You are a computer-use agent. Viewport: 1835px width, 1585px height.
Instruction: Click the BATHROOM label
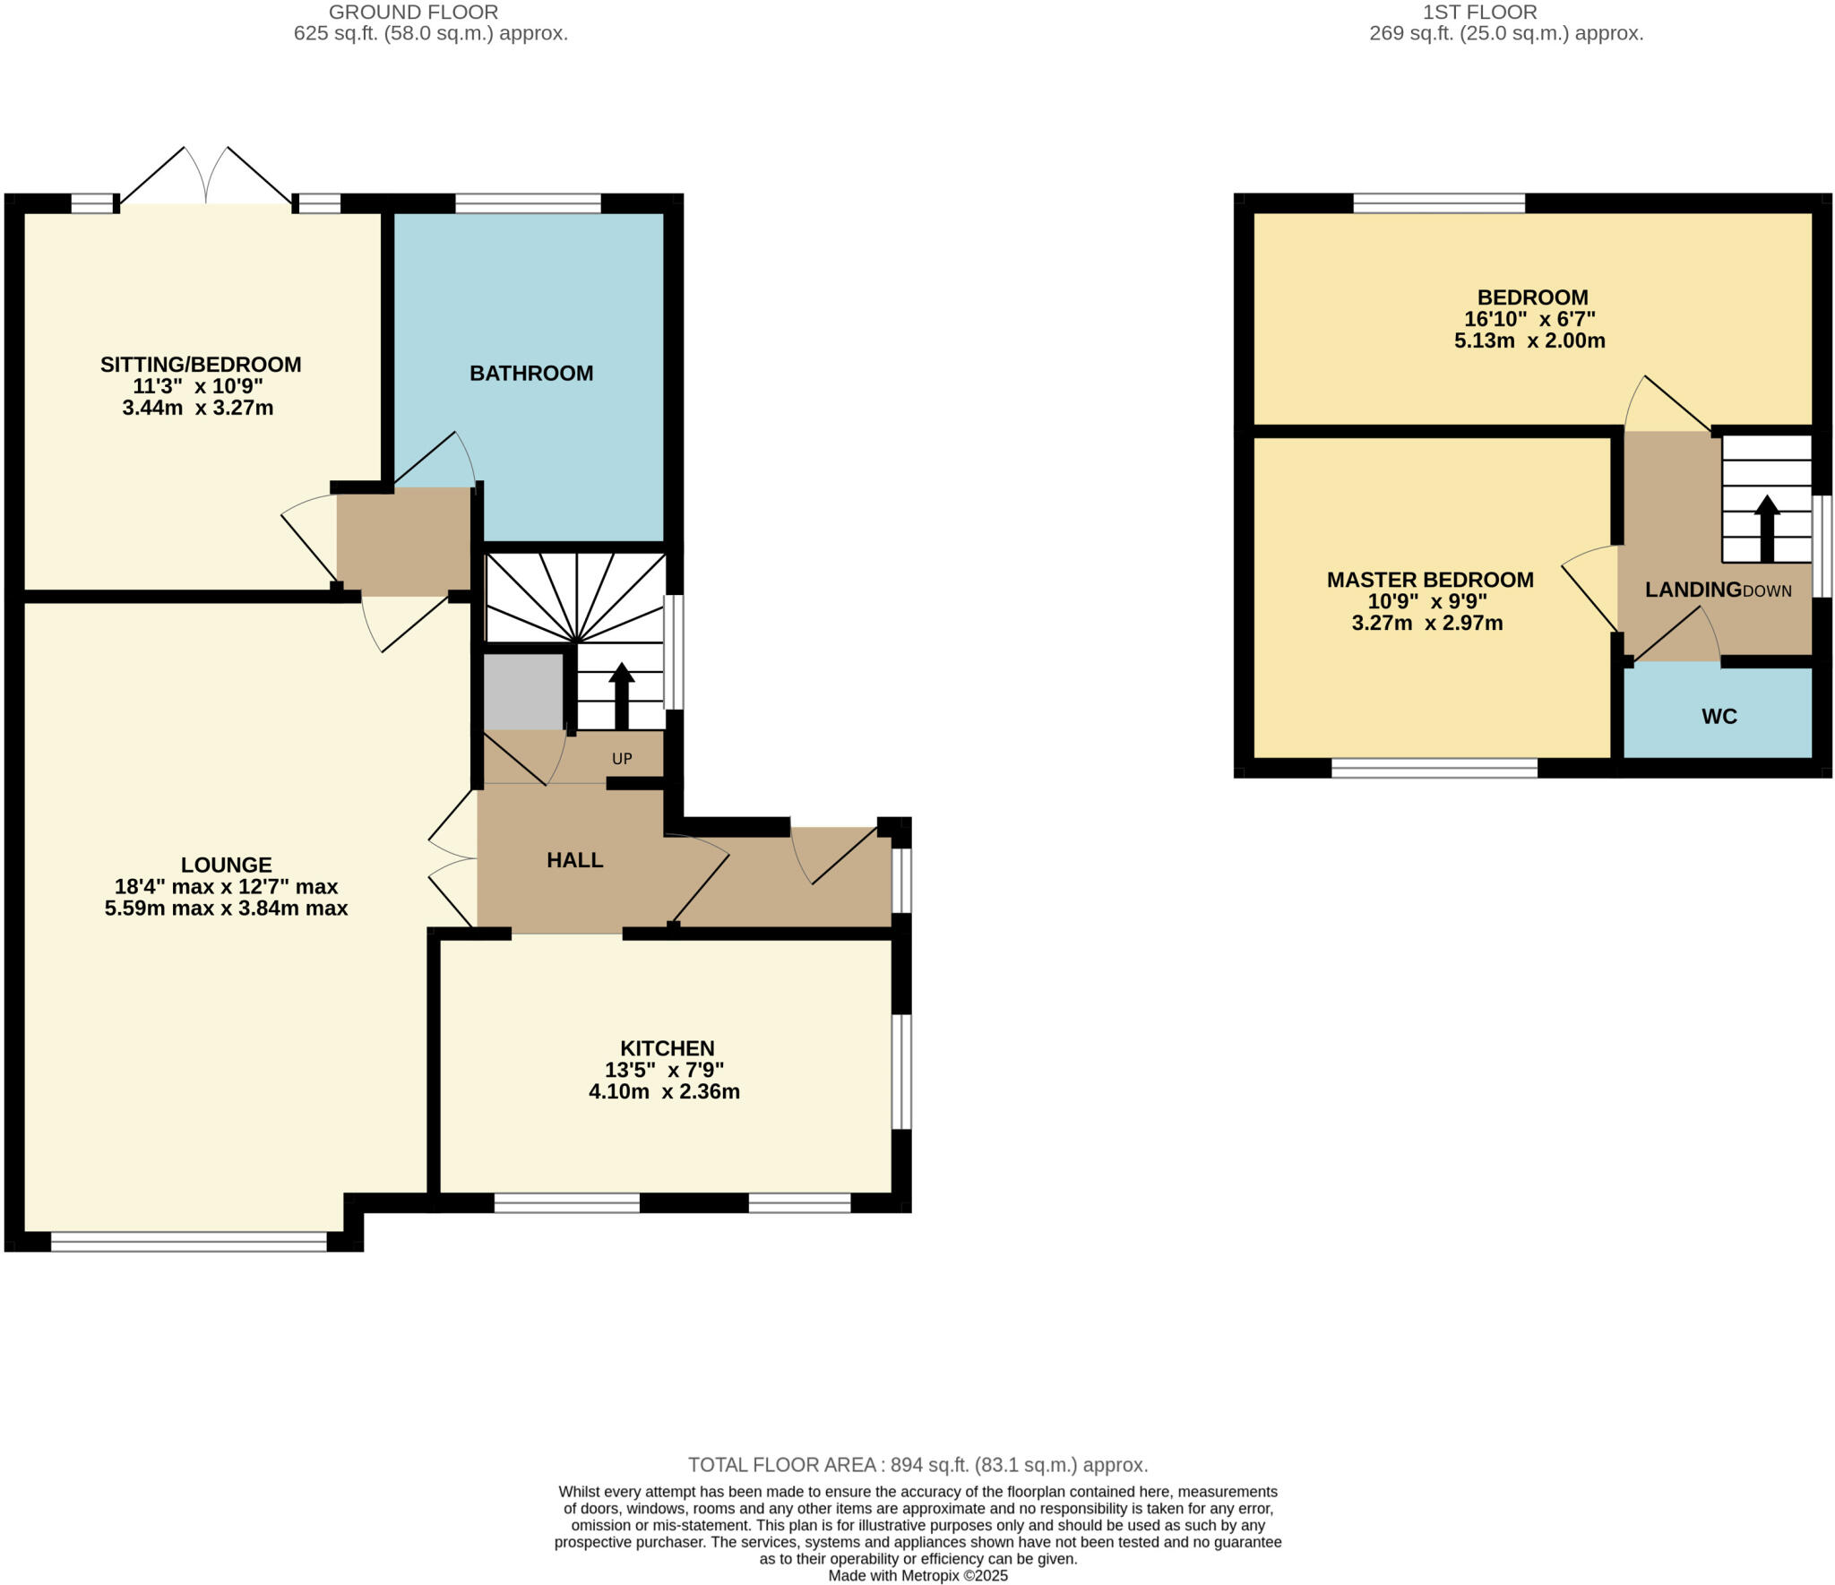(x=531, y=374)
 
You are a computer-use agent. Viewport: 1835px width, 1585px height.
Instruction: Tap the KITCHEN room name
(x=667, y=1048)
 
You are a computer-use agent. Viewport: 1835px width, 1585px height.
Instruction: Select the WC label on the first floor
(x=1719, y=717)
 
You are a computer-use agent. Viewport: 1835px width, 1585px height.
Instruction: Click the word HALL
(x=574, y=860)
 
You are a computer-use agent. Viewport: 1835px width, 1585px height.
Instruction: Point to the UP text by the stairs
(x=622, y=759)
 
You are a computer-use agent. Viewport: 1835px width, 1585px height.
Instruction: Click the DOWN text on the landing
(x=1767, y=591)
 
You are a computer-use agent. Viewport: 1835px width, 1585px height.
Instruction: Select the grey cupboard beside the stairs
(x=523, y=691)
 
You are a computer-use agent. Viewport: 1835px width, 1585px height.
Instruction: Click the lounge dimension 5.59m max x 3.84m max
(x=226, y=909)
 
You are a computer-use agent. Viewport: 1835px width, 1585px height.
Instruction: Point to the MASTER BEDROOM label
(x=1429, y=580)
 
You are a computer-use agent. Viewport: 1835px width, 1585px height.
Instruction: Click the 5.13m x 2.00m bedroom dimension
(x=1529, y=340)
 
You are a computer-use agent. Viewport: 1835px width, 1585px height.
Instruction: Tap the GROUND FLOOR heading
(x=413, y=13)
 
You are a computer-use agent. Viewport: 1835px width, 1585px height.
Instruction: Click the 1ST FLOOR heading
(x=1479, y=13)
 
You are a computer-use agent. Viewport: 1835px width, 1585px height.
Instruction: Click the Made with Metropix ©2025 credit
(x=917, y=1575)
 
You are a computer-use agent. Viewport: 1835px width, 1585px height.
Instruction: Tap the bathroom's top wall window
(x=528, y=203)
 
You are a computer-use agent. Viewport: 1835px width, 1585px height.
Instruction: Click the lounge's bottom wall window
(x=189, y=1241)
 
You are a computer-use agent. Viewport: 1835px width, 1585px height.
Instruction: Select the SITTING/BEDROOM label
(x=200, y=365)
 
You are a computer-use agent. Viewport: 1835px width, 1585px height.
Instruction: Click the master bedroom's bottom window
(x=1434, y=768)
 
